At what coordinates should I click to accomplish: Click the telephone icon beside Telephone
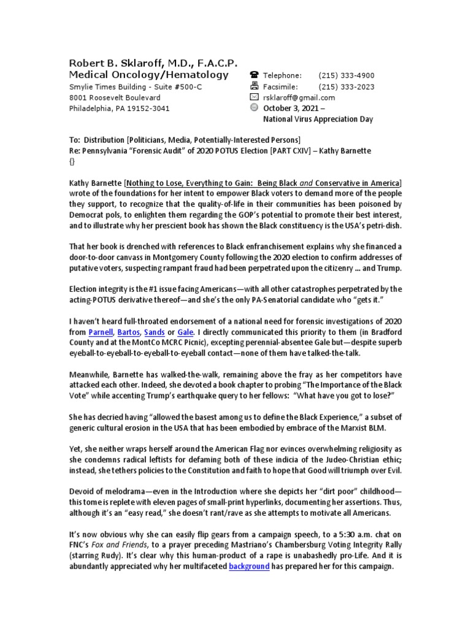(x=255, y=75)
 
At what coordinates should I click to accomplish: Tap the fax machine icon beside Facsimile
(x=255, y=86)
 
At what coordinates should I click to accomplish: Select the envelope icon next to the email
(x=255, y=98)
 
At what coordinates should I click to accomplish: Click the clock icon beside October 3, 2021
(x=255, y=108)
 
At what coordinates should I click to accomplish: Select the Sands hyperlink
(x=154, y=332)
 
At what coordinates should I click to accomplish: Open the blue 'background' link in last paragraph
(x=249, y=566)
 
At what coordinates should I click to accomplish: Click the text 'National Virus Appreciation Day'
(x=318, y=119)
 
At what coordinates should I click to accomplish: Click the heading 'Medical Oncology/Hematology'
(x=148, y=75)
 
